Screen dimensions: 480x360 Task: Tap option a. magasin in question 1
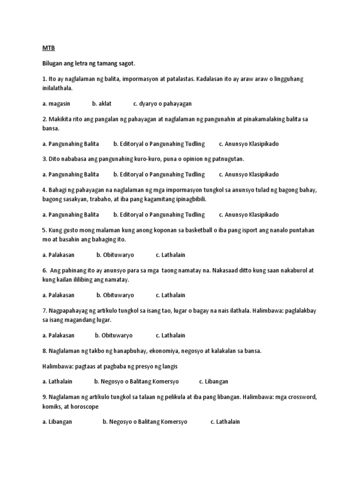coord(56,104)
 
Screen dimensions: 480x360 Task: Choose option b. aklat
coord(102,104)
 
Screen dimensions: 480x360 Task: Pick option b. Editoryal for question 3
coord(159,174)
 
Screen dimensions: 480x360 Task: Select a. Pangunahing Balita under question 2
coord(70,144)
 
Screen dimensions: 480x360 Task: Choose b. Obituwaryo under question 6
coord(115,295)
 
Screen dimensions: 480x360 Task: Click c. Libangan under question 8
coord(214,382)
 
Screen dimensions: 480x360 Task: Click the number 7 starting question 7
coord(44,311)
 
